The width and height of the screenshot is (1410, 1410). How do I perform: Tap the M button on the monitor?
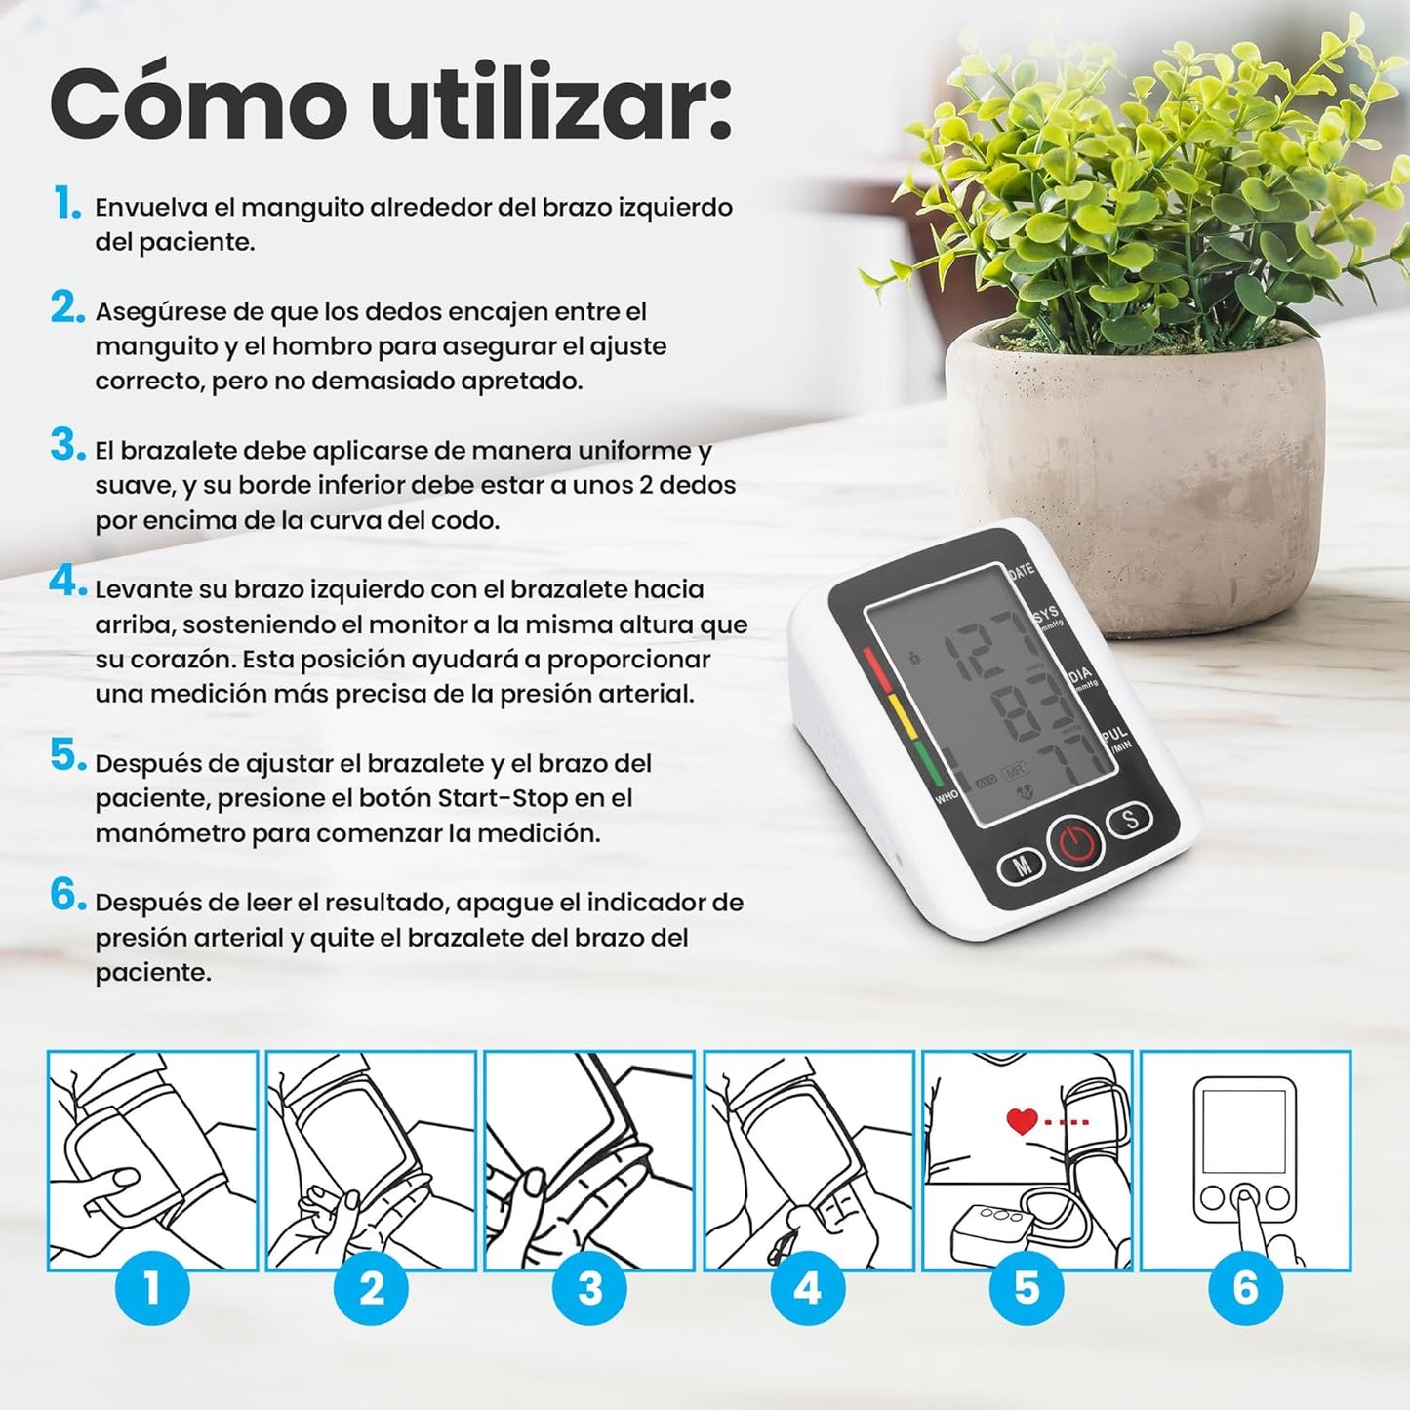tap(1021, 866)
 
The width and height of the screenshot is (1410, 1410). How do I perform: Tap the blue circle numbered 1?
tap(152, 1288)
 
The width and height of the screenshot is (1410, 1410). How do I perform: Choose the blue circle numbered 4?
tap(808, 1288)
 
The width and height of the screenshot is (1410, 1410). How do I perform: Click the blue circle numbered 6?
tap(1245, 1288)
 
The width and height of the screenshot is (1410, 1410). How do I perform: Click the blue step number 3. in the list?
tap(67, 446)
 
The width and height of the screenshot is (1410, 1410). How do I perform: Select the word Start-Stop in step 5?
tap(502, 798)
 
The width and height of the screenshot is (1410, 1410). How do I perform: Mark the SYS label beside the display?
tap(1045, 615)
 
